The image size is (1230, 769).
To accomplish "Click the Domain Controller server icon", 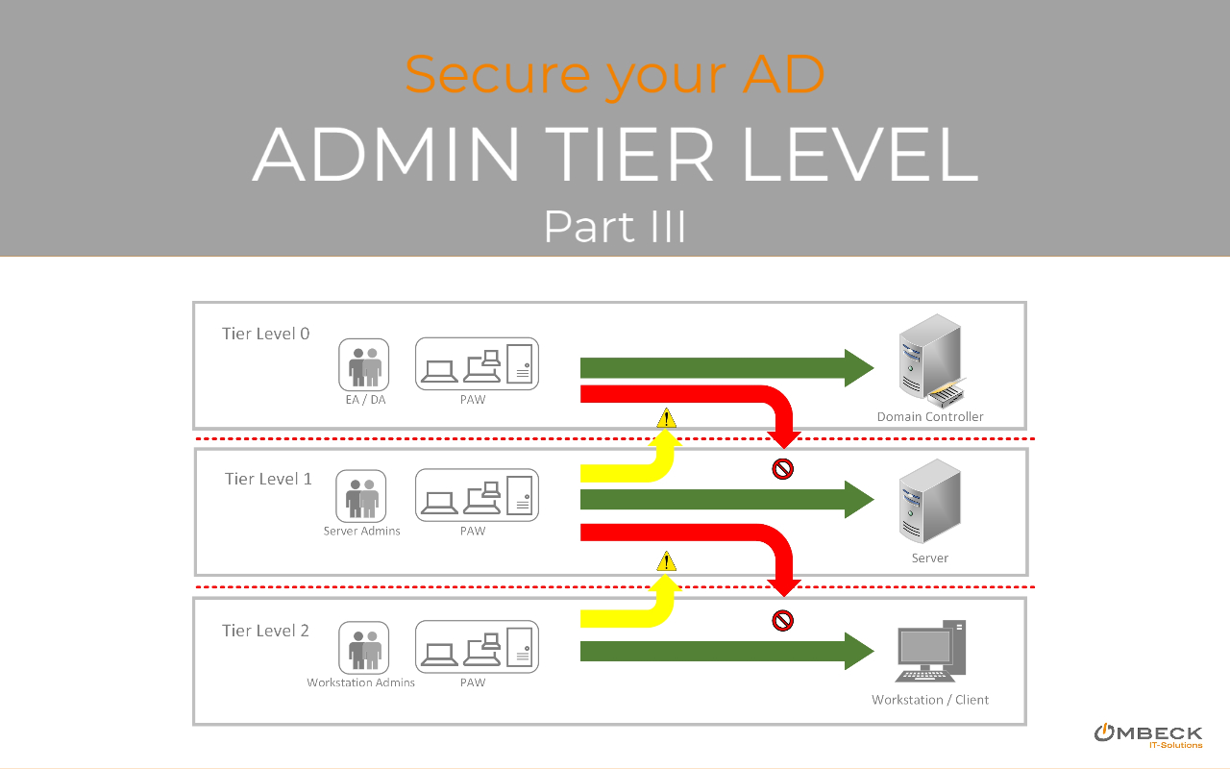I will click(929, 364).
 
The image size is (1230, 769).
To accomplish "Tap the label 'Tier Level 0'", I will click(265, 334).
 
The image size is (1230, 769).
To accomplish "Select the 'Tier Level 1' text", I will click(268, 479).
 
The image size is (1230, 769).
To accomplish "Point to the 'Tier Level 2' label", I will click(265, 631).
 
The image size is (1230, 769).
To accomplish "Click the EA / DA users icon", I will click(364, 364).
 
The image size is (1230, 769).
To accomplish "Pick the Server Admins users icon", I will click(361, 496).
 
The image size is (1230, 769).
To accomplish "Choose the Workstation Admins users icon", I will click(363, 647).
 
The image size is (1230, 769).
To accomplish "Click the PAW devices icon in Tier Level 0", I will click(477, 363).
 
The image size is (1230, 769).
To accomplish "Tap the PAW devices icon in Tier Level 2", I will click(477, 646).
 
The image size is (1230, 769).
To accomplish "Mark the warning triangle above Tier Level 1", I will click(666, 418).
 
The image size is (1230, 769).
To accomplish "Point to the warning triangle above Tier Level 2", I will click(666, 562).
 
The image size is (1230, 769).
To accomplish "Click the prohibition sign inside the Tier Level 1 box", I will click(783, 469).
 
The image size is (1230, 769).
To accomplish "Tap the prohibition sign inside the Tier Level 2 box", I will click(783, 621).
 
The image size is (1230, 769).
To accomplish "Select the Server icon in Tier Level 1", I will click(927, 501).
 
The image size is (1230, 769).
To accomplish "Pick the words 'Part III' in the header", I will click(615, 227).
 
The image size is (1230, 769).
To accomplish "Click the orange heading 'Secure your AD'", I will click(615, 74).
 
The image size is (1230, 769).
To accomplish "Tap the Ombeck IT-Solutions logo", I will click(1147, 735).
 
